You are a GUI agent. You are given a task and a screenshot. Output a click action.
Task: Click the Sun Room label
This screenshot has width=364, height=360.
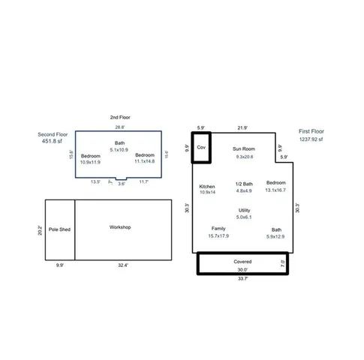(x=244, y=149)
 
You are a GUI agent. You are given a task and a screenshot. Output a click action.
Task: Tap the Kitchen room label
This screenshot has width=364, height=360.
(x=207, y=186)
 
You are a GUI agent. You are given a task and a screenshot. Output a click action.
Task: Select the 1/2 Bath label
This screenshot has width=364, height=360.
(x=244, y=184)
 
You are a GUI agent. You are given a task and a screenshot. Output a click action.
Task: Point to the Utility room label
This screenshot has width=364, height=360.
(x=245, y=210)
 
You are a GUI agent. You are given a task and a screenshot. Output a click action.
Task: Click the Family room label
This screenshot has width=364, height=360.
(x=218, y=229)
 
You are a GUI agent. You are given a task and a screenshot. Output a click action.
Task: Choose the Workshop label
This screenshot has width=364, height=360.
(x=121, y=226)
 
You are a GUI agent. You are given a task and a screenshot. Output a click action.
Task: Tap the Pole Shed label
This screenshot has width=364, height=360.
(x=59, y=229)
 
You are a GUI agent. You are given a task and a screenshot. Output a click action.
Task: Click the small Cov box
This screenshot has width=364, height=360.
(x=201, y=148)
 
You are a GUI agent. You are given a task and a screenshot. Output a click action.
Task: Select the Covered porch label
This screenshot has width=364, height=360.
(x=242, y=262)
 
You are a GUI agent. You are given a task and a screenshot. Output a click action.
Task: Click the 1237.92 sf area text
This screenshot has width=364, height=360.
(x=311, y=139)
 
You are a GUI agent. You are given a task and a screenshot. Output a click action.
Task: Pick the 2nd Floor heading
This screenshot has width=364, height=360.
(x=120, y=118)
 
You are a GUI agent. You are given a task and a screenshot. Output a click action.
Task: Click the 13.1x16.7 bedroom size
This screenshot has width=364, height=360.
(x=276, y=190)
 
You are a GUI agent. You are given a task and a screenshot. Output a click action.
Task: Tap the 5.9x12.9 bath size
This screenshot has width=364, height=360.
(x=277, y=238)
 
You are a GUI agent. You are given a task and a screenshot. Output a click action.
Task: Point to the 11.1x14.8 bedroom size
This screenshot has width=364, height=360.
(x=145, y=161)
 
